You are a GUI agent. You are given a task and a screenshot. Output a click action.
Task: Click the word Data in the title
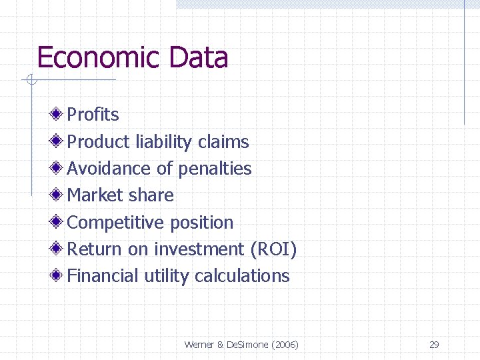pos(199,58)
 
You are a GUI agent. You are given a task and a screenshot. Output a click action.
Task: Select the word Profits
pos(93,115)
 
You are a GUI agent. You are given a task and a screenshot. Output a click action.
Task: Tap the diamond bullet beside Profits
pos(59,114)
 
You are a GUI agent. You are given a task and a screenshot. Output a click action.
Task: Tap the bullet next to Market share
pos(59,195)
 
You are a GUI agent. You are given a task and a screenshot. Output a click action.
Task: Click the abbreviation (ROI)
pos(273,249)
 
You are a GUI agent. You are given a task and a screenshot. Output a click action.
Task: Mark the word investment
pos(199,249)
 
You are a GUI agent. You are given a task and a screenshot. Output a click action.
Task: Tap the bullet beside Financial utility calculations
pos(59,275)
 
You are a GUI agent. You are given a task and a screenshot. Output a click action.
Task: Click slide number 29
pos(434,345)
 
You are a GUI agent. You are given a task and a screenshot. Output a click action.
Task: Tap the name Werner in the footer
pos(199,345)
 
